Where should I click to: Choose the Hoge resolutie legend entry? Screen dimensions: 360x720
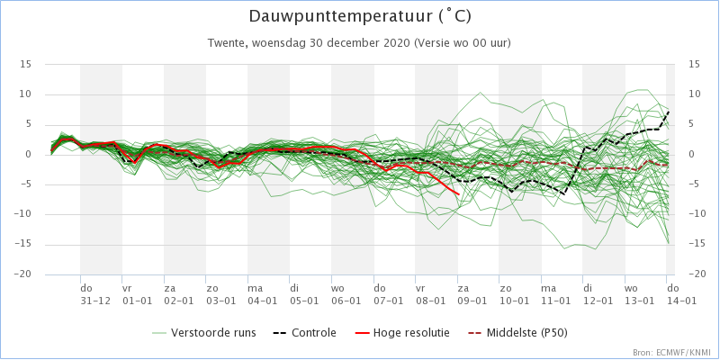point(412,333)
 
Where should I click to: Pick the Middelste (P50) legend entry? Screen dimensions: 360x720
point(522,333)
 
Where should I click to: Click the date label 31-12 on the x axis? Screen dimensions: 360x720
point(95,300)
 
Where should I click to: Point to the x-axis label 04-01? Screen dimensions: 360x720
point(263,300)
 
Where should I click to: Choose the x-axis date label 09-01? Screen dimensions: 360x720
point(472,300)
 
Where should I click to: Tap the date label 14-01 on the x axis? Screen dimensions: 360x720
point(680,300)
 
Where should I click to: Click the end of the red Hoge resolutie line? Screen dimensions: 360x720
point(458,193)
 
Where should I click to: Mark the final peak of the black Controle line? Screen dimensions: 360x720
point(670,112)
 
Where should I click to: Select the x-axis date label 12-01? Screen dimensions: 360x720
point(597,300)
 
